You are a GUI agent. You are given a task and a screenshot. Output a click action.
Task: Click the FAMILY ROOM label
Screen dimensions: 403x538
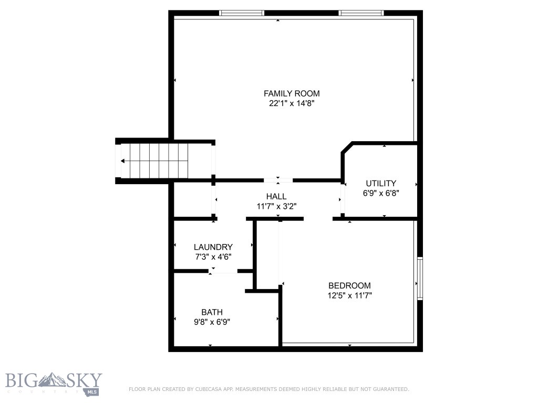coord(291,93)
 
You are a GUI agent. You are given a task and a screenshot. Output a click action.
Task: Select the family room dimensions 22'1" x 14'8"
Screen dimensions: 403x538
coord(291,103)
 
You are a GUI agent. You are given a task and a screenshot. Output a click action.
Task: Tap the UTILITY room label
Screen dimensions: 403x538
coord(381,183)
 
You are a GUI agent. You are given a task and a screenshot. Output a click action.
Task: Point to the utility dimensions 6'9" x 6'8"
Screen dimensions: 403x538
coord(381,193)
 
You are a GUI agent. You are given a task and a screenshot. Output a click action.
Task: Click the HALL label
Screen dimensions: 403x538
coord(276,196)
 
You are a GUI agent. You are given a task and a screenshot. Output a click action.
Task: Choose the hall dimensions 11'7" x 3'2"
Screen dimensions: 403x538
coord(276,206)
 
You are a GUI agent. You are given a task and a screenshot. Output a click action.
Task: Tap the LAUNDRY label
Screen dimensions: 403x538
coord(213,247)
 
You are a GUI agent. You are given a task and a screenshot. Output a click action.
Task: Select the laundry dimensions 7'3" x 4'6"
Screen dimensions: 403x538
coord(213,257)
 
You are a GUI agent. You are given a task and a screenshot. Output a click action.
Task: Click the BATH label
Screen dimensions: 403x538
coord(212,312)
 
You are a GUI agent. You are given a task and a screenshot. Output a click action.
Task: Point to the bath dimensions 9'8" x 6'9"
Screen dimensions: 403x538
coord(212,322)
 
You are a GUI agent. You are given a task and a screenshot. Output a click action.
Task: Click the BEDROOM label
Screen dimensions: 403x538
coord(349,285)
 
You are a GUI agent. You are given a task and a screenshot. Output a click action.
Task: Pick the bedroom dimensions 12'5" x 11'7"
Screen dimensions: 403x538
coord(349,295)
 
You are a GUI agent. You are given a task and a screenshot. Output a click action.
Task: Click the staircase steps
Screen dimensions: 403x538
coord(158,161)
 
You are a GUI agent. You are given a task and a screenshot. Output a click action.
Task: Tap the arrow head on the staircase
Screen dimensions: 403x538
coord(123,161)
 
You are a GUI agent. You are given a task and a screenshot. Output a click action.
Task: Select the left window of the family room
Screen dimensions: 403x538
coord(241,13)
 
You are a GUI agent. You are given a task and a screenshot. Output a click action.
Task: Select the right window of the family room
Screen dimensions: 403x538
coord(361,13)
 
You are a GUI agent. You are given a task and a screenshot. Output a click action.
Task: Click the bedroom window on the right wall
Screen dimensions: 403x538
coord(420,278)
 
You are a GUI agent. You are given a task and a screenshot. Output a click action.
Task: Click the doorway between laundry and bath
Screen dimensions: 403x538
coord(223,271)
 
